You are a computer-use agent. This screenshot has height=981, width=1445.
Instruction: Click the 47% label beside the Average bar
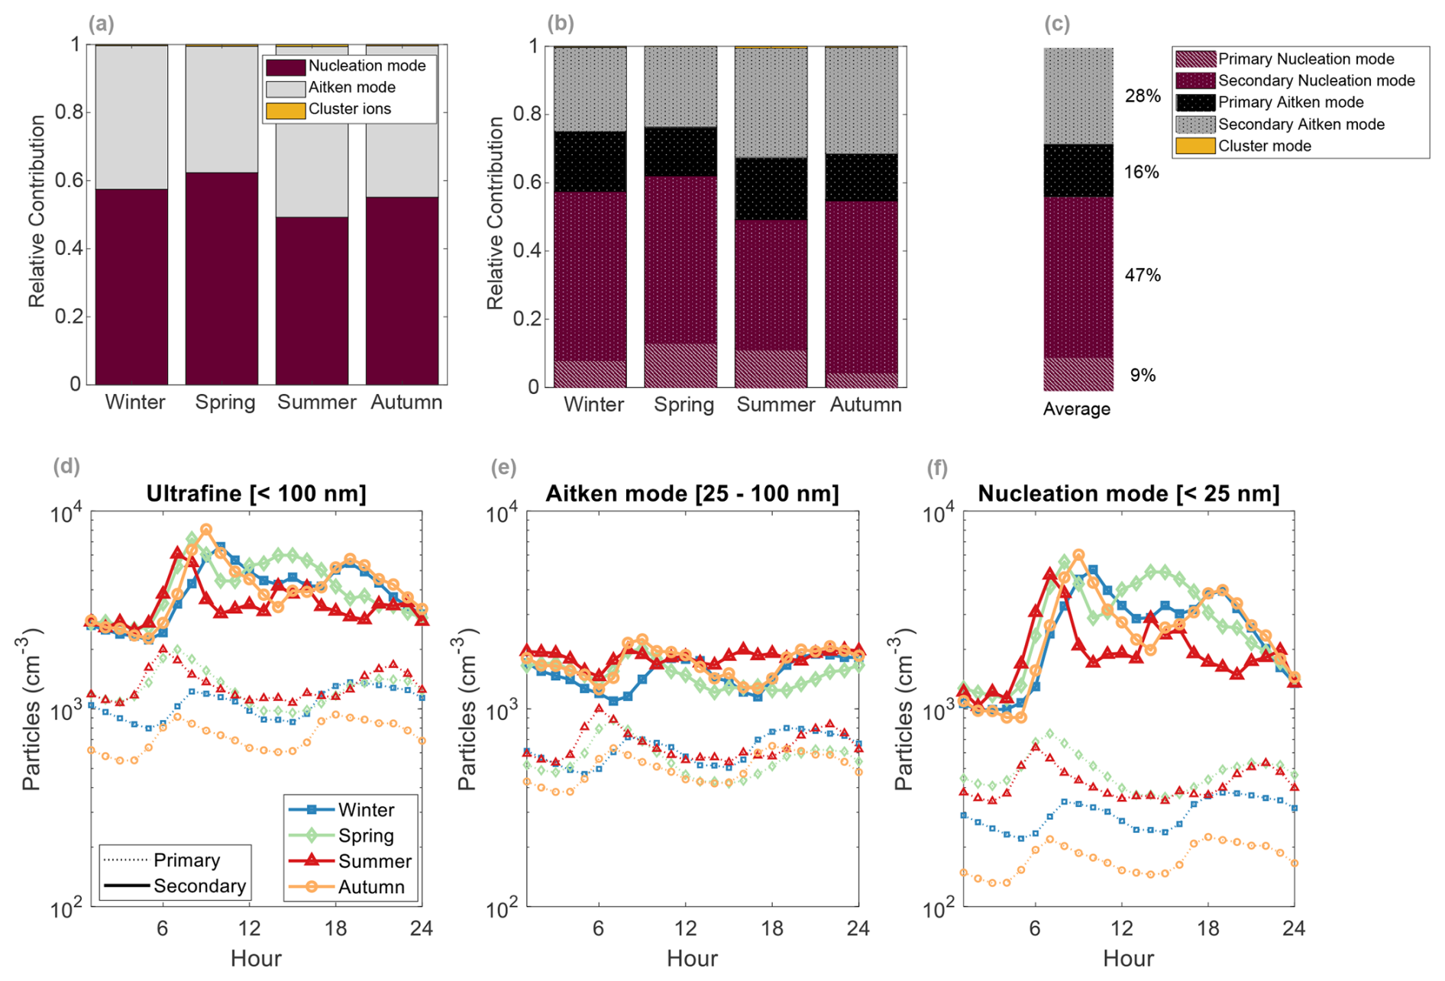pyautogui.click(x=1142, y=276)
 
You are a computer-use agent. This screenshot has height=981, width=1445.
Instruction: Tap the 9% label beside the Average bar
pyautogui.click(x=1143, y=376)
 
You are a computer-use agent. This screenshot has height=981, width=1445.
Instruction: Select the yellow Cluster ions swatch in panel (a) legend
pyautogui.click(x=286, y=110)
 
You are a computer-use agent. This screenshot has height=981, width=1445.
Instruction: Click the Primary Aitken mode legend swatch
pyautogui.click(x=1195, y=103)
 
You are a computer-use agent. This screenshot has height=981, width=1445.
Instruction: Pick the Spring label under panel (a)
pyautogui.click(x=225, y=402)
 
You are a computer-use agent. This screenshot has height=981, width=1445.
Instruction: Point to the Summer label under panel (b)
pyautogui.click(x=775, y=405)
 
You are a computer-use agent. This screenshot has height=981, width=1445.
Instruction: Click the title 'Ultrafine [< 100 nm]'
pyautogui.click(x=256, y=494)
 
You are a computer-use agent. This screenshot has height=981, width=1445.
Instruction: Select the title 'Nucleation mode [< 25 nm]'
pyautogui.click(x=1128, y=494)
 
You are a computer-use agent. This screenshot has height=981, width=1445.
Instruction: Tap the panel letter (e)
pyautogui.click(x=503, y=467)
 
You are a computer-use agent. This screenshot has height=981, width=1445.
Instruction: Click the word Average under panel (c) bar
pyautogui.click(x=1077, y=409)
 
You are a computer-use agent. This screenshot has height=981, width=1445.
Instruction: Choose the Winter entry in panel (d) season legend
pyautogui.click(x=366, y=810)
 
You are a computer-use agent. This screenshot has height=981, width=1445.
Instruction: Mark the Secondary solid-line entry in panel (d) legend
pyautogui.click(x=199, y=886)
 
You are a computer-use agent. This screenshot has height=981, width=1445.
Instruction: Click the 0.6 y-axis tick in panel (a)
pyautogui.click(x=69, y=181)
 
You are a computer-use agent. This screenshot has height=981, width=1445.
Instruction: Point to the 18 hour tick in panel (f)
pyautogui.click(x=1207, y=928)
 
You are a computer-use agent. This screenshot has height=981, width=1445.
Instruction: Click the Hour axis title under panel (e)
pyautogui.click(x=692, y=959)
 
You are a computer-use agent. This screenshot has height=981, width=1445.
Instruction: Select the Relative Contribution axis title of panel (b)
pyautogui.click(x=496, y=213)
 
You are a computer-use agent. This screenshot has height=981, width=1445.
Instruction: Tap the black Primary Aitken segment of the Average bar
pyautogui.click(x=1078, y=171)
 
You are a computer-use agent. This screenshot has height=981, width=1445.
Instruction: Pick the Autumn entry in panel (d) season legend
pyautogui.click(x=371, y=887)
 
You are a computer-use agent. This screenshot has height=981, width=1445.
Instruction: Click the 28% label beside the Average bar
pyautogui.click(x=1143, y=96)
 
